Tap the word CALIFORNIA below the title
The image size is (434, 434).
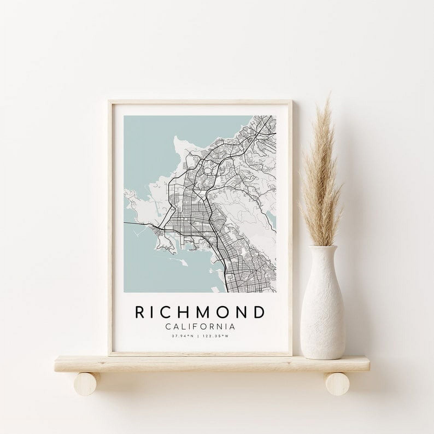200,327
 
